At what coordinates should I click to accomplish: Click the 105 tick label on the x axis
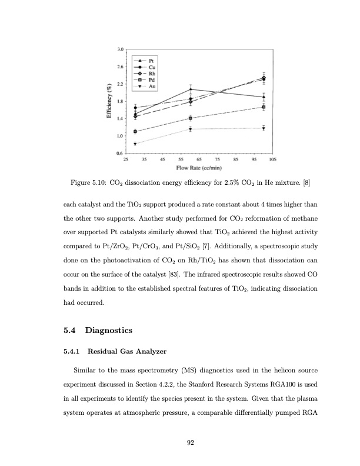272,159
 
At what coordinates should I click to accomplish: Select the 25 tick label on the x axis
125,159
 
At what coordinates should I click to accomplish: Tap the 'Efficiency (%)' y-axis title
109,102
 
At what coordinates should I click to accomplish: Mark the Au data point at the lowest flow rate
135,144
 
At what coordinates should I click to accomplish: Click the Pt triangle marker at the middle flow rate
191,89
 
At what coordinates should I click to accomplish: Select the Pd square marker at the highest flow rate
264,107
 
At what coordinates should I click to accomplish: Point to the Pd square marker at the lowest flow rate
135,131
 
